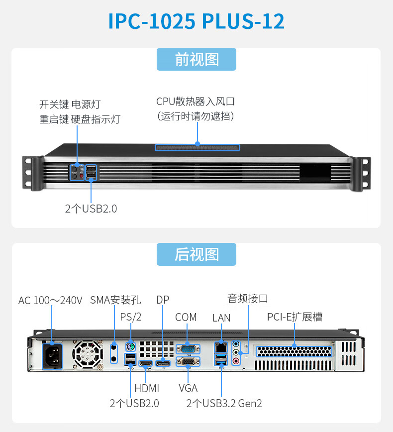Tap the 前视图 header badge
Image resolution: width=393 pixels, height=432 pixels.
(196, 59)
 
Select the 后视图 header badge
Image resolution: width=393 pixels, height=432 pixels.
(196, 254)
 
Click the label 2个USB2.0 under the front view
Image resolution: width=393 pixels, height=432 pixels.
(91, 209)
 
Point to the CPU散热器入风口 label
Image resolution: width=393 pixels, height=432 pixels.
(196, 102)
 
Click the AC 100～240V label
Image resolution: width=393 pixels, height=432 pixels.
(50, 301)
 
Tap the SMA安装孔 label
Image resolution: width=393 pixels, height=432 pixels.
(115, 300)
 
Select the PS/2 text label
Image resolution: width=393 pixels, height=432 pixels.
(131, 317)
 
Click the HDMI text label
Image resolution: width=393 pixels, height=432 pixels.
(147, 388)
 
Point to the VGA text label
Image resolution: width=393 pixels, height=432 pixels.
(188, 388)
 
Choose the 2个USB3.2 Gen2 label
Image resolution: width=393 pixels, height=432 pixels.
(224, 403)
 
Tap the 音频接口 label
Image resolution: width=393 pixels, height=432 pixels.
(248, 299)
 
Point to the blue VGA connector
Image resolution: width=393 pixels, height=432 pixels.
(188, 363)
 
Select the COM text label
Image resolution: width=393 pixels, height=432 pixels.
(186, 317)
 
